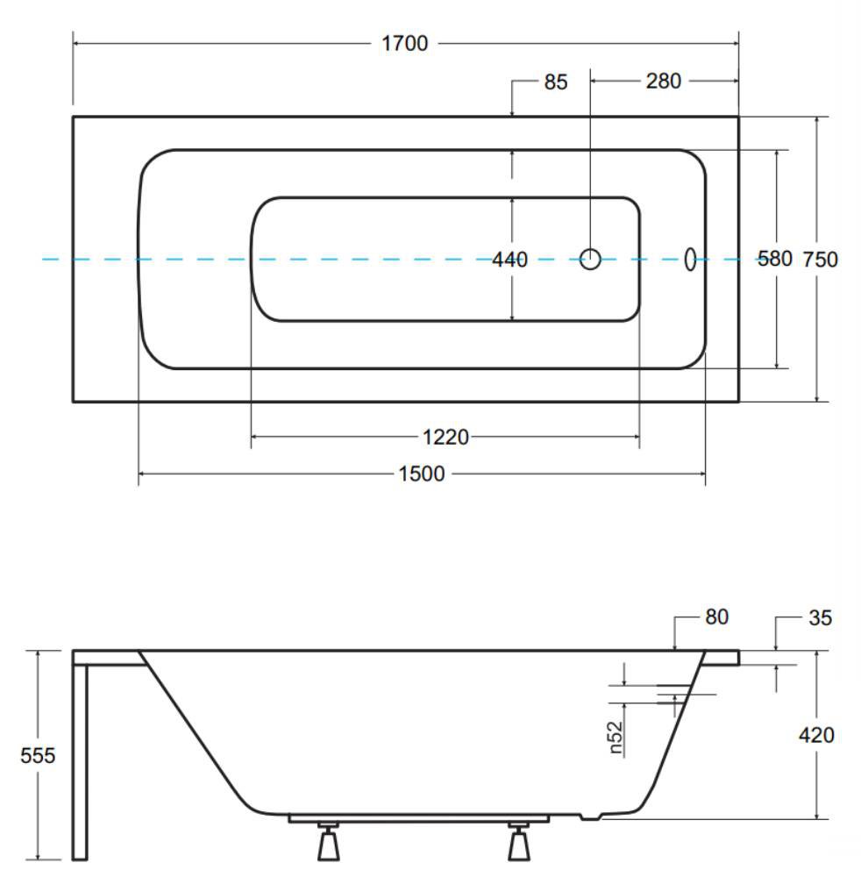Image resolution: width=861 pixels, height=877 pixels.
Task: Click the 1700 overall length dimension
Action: click(404, 43)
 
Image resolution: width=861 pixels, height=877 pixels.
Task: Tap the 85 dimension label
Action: click(555, 82)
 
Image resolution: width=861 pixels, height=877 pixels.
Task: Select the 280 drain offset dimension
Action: click(663, 81)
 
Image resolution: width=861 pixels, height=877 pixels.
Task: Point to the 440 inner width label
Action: click(509, 260)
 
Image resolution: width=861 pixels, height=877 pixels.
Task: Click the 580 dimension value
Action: click(774, 259)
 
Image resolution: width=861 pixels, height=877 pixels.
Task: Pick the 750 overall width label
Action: click(820, 260)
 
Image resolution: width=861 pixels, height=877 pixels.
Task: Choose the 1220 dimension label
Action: click(445, 437)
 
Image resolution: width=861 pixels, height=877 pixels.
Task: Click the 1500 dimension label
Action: click(421, 474)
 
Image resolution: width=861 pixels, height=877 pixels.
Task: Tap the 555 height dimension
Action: click(38, 756)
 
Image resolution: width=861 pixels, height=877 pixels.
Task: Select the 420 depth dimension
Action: click(816, 735)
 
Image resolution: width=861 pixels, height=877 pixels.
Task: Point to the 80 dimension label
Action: click(716, 617)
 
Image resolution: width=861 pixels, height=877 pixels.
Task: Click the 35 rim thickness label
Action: click(820, 617)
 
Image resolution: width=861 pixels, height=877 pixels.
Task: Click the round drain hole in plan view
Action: click(590, 260)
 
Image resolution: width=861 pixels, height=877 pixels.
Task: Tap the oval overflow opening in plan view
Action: click(691, 260)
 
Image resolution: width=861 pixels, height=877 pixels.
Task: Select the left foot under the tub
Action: click(328, 841)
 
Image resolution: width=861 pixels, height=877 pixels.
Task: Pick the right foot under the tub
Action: click(519, 841)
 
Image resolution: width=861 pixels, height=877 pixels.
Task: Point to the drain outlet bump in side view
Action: click(590, 816)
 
